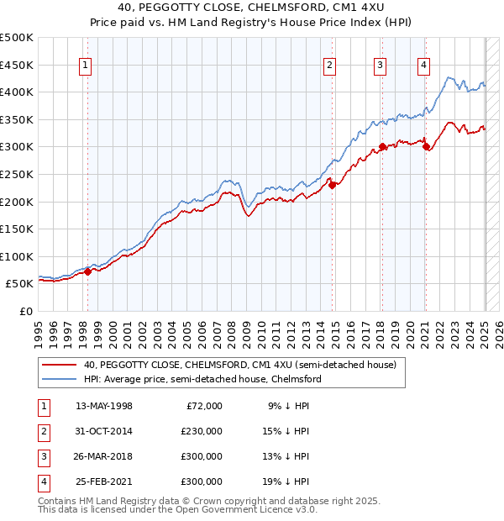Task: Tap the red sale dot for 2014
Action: (x=332, y=185)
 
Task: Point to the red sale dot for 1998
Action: (x=87, y=271)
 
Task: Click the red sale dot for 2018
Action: (x=382, y=147)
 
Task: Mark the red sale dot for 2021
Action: (x=426, y=147)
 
